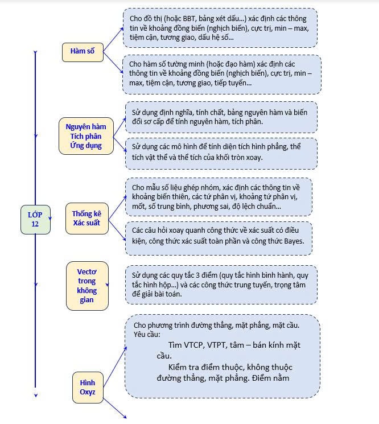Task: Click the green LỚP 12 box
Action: pyautogui.click(x=35, y=219)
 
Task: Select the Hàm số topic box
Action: pyautogui.click(x=82, y=51)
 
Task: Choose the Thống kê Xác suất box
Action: pyautogui.click(x=86, y=219)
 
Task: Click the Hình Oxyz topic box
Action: pyautogui.click(x=88, y=386)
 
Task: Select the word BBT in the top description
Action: pyautogui.click(x=182, y=18)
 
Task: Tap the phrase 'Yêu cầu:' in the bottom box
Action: pyautogui.click(x=147, y=335)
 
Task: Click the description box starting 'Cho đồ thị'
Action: pyautogui.click(x=220, y=27)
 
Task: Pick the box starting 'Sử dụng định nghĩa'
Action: pyautogui.click(x=221, y=117)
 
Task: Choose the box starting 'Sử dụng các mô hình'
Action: pyautogui.click(x=221, y=153)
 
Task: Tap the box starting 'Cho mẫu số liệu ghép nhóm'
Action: pyautogui.click(x=219, y=196)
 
